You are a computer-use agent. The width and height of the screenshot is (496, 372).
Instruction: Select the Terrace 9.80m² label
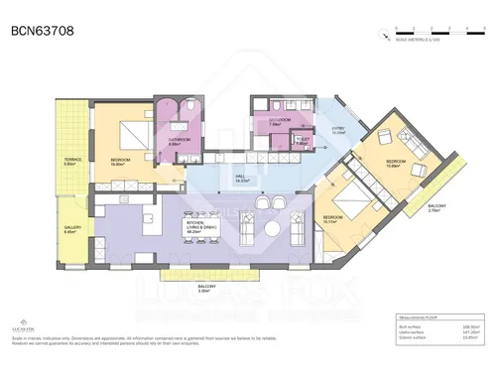point(72,161)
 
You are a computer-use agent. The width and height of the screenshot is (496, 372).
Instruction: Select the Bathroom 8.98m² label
point(179,142)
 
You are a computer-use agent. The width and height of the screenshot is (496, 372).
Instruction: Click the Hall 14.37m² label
point(240,180)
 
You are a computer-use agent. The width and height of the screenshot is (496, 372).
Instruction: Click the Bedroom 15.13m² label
point(331,220)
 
